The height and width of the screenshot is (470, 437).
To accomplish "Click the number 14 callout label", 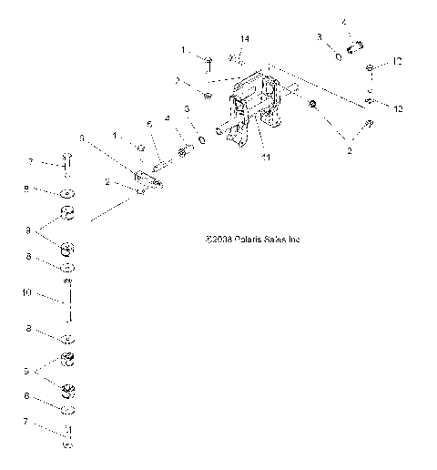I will click(244, 39).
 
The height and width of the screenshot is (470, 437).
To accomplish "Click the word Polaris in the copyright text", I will click(240, 240).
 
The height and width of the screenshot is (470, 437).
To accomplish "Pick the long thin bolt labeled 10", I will click(68, 301).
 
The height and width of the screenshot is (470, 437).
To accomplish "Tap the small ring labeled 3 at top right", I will click(338, 56).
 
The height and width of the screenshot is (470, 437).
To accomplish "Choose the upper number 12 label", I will click(398, 61).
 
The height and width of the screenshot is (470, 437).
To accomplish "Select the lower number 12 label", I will click(397, 107).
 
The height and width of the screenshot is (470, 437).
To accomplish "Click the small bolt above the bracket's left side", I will click(208, 62).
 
